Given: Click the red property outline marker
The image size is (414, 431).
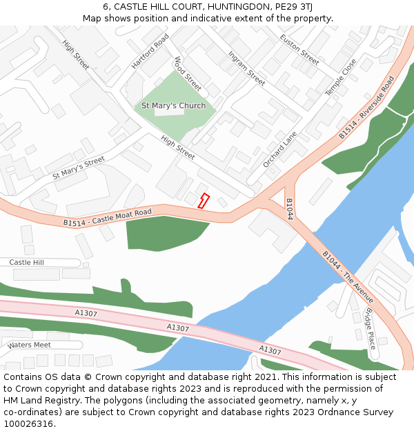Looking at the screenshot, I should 204,201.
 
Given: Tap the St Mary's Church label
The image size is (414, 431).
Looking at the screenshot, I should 173,106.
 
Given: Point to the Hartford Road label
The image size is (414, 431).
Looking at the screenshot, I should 150,51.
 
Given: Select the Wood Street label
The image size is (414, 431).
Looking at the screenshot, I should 188,74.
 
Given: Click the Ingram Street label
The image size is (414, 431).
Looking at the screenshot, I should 246,68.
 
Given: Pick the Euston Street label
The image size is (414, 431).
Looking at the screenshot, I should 299,49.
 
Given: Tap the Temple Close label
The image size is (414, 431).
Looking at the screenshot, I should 341,77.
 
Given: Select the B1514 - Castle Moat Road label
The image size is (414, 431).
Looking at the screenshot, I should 107,217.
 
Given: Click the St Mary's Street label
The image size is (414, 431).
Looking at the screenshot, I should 79,168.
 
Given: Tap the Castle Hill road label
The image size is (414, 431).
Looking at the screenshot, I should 26,263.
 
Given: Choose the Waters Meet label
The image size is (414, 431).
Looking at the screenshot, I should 29,345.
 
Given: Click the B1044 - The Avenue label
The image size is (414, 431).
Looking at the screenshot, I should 348,277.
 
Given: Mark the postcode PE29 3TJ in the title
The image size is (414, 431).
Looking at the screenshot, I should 293,6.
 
